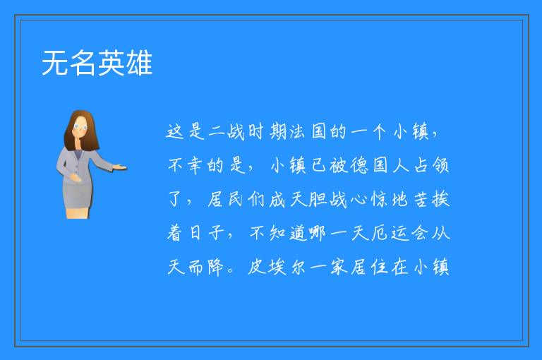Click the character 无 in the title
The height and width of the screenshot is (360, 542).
pyautogui.click(x=55, y=63)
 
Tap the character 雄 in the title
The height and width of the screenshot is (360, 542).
pyautogui.click(x=139, y=63)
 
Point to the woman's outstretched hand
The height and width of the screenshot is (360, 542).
pyautogui.click(x=119, y=168)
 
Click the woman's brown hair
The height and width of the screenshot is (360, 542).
pyautogui.click(x=81, y=131)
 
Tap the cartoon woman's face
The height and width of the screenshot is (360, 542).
pyautogui.click(x=80, y=128)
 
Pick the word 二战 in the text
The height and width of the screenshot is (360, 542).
pyautogui.click(x=227, y=132)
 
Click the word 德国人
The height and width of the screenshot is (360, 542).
pyautogui.click(x=380, y=165)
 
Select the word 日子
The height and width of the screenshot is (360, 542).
pyautogui.click(x=207, y=233)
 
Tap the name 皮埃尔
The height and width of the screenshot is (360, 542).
pyautogui.click(x=277, y=267)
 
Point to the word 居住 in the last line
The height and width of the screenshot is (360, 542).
pyautogui.click(x=369, y=267)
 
